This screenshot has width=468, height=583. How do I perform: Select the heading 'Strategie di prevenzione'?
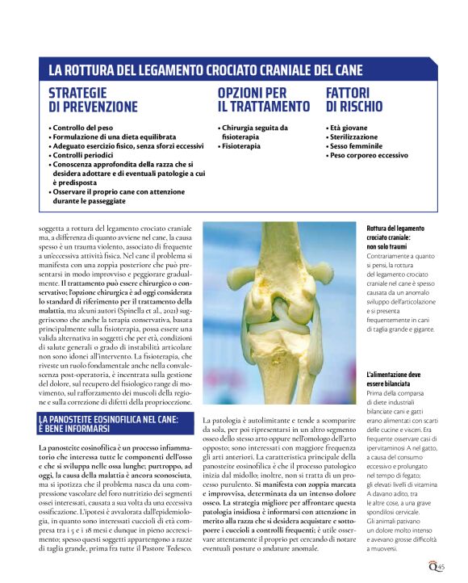[x=93, y=100]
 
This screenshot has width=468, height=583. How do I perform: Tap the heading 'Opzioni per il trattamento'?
[x=263, y=100]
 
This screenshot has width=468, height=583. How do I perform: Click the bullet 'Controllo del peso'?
[x=83, y=128]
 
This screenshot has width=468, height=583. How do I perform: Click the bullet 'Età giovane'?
[x=348, y=128]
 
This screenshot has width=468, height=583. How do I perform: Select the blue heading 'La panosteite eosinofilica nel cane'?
[x=113, y=425]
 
